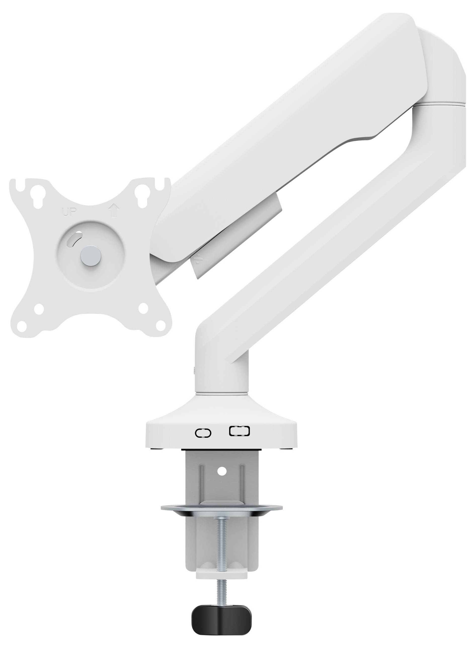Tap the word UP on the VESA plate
[69, 213]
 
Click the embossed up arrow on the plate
[114, 211]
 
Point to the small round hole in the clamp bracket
[222, 471]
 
